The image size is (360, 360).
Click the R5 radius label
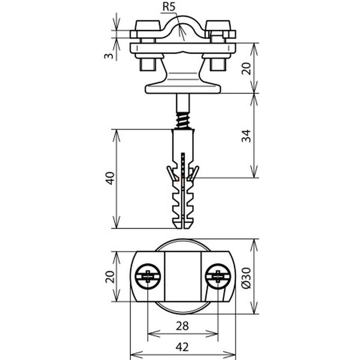[x=169, y=7]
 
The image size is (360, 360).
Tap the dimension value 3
[x=109, y=56]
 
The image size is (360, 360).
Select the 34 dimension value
[x=246, y=136]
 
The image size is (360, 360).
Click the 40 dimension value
[x=110, y=178]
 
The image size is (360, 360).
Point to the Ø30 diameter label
[x=246, y=278]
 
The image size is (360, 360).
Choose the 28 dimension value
[x=182, y=326]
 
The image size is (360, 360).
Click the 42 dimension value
[x=182, y=347]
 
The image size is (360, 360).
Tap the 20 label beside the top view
[x=110, y=277]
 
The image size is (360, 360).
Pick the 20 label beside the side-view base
[x=246, y=68]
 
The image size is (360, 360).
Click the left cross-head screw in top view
[x=148, y=276]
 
